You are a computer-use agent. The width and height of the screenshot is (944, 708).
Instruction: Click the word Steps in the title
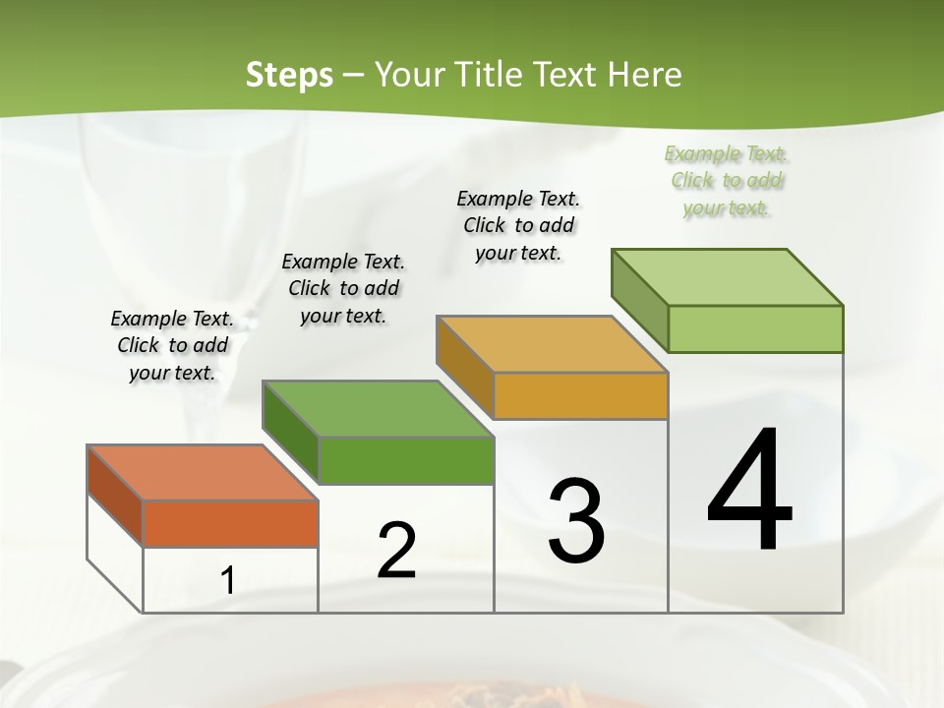click(x=288, y=75)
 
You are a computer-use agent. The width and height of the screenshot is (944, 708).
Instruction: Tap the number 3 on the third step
click(x=576, y=520)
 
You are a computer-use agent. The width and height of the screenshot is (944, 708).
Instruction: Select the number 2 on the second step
click(x=396, y=550)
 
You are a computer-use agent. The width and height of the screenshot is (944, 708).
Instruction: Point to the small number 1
click(x=228, y=580)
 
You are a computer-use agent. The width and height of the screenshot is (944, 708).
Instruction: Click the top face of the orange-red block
click(x=203, y=473)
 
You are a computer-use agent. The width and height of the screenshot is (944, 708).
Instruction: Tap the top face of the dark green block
click(x=378, y=408)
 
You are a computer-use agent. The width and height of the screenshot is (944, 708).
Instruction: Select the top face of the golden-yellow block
click(x=552, y=344)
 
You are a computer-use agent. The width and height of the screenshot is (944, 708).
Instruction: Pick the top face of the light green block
click(x=727, y=277)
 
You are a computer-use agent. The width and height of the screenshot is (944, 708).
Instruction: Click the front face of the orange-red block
click(x=230, y=523)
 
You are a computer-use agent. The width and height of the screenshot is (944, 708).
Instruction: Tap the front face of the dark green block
click(x=405, y=460)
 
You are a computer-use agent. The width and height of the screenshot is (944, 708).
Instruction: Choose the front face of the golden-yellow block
click(x=580, y=395)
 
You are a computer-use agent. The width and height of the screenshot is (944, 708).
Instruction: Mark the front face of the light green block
click(x=755, y=328)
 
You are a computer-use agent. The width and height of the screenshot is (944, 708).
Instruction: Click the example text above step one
click(x=172, y=345)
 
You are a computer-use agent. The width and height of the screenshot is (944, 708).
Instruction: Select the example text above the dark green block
click(x=343, y=288)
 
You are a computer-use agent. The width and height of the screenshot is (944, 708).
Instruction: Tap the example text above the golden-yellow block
click(x=518, y=225)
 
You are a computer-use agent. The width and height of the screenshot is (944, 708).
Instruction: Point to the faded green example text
click(x=727, y=180)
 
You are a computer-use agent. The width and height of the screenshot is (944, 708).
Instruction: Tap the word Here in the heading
click(x=645, y=75)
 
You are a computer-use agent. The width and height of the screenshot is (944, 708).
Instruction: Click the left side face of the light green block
click(x=639, y=300)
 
